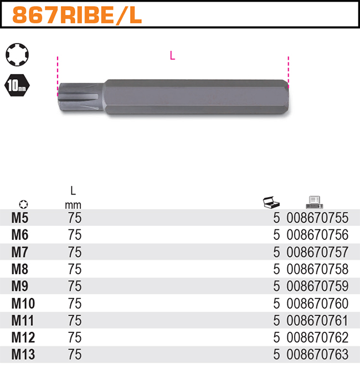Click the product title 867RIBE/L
(x=77, y=16)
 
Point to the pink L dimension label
(x=172, y=55)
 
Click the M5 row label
(x=20, y=218)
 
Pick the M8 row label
(x=20, y=269)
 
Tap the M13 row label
(x=23, y=355)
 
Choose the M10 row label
(x=23, y=304)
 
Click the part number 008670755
(x=317, y=218)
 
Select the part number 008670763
(x=317, y=355)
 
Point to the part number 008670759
(x=317, y=286)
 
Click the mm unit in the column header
(x=73, y=205)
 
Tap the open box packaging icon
(x=272, y=203)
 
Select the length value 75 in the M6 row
(x=74, y=235)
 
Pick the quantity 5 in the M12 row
(x=276, y=337)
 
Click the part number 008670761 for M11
(x=317, y=320)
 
